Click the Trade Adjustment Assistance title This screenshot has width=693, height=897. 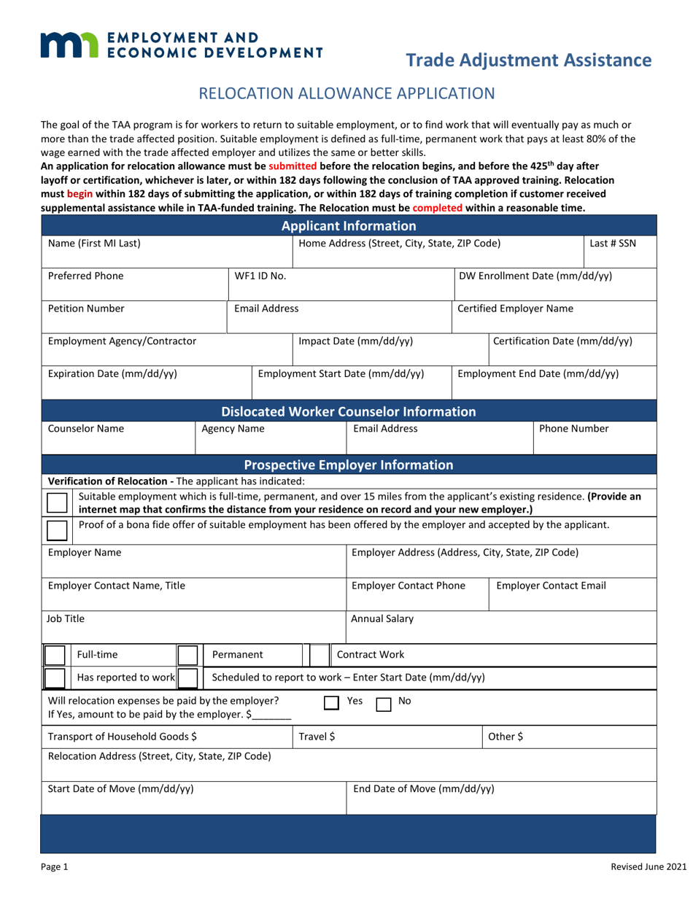[x=528, y=61]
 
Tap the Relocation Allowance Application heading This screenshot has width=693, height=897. [x=347, y=93]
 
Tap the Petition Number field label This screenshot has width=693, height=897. [x=86, y=308]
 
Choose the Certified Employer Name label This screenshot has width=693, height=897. [x=515, y=308]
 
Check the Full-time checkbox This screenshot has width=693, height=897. [x=56, y=655]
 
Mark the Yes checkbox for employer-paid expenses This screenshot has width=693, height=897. [x=331, y=704]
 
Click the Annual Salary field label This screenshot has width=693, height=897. [x=382, y=619]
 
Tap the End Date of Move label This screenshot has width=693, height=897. [x=423, y=788]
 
